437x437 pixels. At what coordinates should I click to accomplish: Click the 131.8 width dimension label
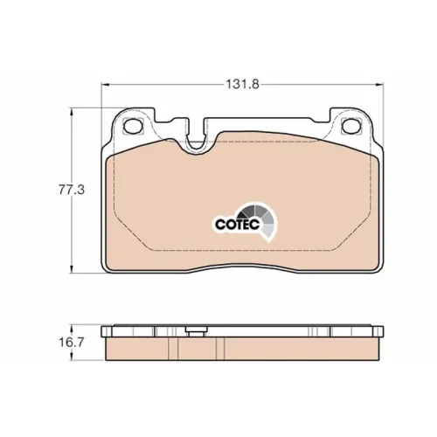[x=243, y=85]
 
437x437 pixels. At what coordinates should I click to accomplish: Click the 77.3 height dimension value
[x=72, y=191]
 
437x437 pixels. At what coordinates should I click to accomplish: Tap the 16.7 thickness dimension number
[x=72, y=343]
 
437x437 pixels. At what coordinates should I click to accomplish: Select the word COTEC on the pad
[x=238, y=225]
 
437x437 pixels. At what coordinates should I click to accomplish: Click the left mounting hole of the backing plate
[x=133, y=126]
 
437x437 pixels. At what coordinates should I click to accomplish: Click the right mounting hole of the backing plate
[x=351, y=126]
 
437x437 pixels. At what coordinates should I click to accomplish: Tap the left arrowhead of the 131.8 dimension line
[x=105, y=85]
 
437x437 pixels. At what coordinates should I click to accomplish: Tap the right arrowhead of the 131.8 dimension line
[x=379, y=85]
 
